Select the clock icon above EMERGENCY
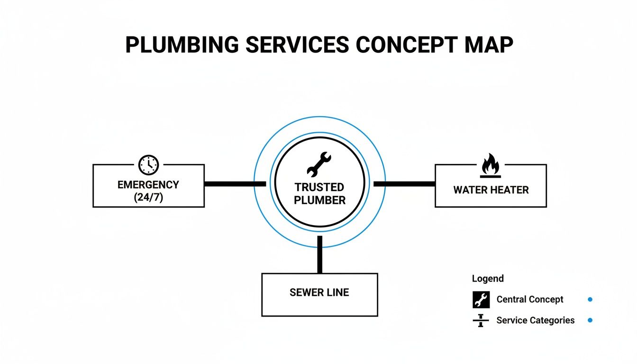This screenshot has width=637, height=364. pos(148,164)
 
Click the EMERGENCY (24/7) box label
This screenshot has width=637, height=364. pos(148,191)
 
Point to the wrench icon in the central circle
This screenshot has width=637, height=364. pos(319,164)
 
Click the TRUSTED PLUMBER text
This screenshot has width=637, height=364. pos(319,193)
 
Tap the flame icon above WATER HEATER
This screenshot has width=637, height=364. pos(491,164)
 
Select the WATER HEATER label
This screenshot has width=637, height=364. pos(491,190)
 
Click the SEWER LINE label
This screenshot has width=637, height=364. pos(319,292)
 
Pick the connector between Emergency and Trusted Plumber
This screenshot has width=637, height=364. pos(235,183)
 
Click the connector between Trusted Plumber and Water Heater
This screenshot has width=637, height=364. pos(404,183)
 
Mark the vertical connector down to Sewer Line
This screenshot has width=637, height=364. pos(319,254)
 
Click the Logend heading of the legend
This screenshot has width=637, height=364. pos(488,279)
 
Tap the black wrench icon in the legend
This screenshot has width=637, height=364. pos(481,300)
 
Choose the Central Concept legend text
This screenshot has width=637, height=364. pos(529,300)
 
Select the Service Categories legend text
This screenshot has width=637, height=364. pos(535,320)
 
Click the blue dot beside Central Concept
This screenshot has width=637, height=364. pos(590,300)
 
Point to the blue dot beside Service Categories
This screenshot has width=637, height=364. pos(590,320)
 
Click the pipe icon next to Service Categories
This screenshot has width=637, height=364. pos(481,320)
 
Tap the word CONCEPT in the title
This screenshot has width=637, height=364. pos(404,45)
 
